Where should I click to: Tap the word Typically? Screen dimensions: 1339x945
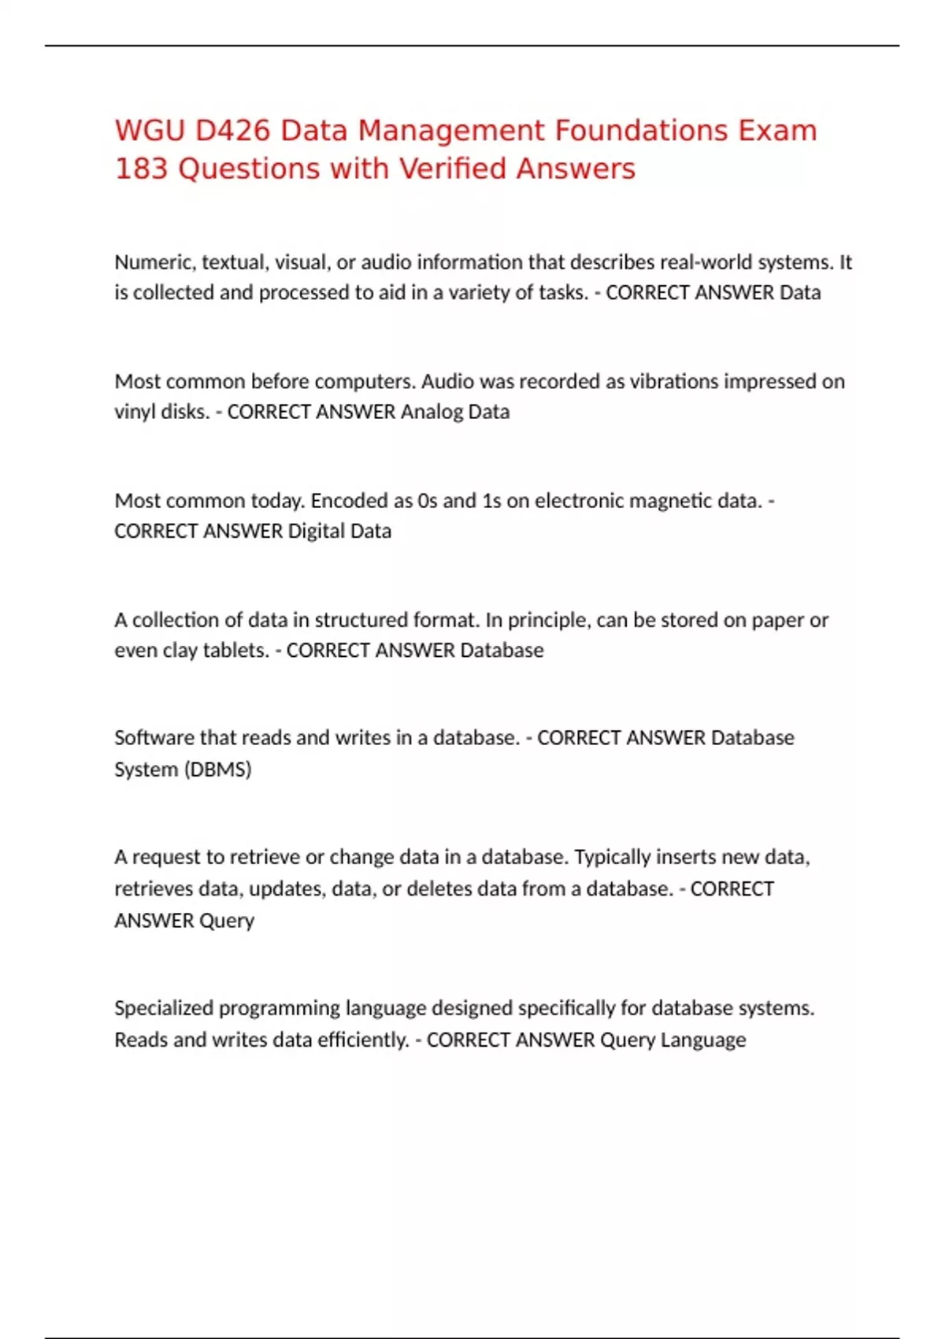click(613, 857)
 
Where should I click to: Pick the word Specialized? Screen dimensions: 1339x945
click(164, 1008)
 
